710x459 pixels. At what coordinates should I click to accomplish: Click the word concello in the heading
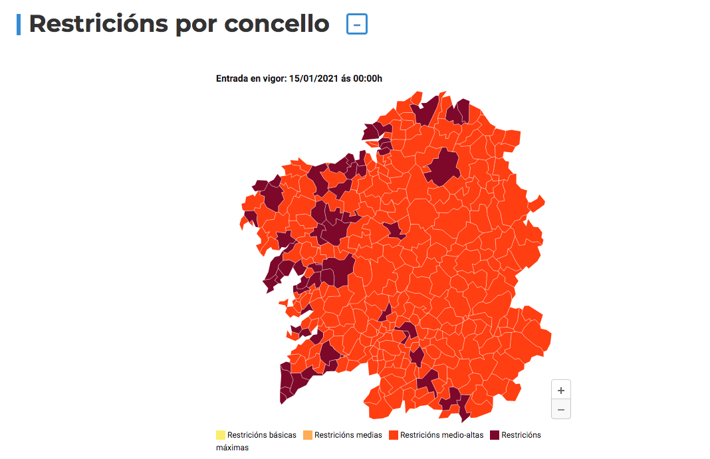click(x=277, y=24)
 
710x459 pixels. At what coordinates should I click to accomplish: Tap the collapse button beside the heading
click(x=357, y=25)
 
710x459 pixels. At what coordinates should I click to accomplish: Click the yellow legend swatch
click(x=221, y=436)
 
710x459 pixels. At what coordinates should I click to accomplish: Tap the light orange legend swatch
click(x=308, y=436)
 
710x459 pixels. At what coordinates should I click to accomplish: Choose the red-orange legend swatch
click(x=394, y=436)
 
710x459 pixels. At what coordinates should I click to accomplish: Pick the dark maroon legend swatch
click(x=495, y=436)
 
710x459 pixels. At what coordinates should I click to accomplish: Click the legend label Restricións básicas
click(x=262, y=436)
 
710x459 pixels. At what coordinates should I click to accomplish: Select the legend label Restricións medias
click(x=348, y=436)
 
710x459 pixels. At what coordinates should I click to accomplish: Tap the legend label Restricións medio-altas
click(x=442, y=436)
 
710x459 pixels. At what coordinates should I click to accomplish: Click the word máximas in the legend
click(x=232, y=448)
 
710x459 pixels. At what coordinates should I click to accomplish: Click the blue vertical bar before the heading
click(x=19, y=24)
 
